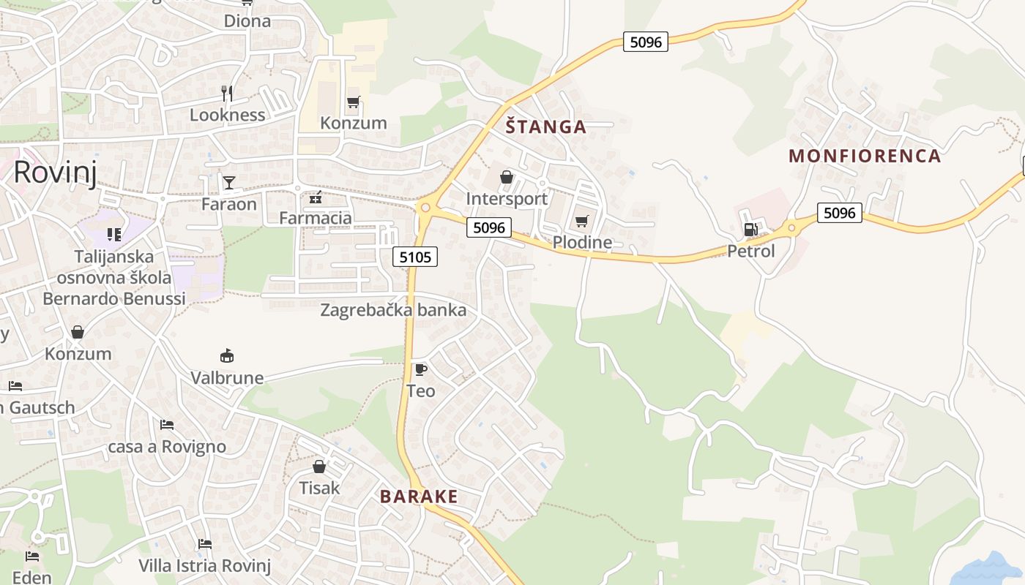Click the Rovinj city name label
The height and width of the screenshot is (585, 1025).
55,173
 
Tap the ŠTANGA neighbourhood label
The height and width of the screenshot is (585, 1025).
546,127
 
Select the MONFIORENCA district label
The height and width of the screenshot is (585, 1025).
864,156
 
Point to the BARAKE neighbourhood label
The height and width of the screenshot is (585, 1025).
419,497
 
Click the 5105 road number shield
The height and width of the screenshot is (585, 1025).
416,257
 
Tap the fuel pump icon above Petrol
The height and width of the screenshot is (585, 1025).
750,230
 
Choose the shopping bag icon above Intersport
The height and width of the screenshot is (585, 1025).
506,177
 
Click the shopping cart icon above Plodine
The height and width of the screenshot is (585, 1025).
582,221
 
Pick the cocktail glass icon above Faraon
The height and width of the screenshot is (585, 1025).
229,182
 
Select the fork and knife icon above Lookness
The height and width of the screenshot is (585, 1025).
227,93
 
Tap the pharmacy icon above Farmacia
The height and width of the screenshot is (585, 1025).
316,197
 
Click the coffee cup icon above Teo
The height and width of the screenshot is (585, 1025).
420,369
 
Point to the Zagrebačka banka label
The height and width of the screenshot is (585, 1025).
393,310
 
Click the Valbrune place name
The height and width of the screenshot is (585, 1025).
227,378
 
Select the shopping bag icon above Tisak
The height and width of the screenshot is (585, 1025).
319,466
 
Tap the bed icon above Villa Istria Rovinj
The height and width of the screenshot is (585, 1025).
205,544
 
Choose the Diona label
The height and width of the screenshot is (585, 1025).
247,21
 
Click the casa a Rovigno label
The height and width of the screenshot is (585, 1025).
167,447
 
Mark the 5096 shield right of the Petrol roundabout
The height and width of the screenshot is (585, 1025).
839,213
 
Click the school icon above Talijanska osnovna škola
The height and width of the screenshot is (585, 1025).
113,234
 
